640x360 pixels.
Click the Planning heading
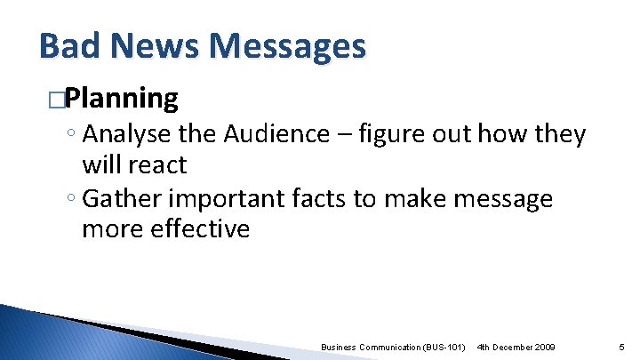click(122, 98)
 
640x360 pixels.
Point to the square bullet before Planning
click(58, 99)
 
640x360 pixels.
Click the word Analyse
click(124, 134)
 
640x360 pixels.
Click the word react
click(157, 164)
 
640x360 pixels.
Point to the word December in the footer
click(508, 346)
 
